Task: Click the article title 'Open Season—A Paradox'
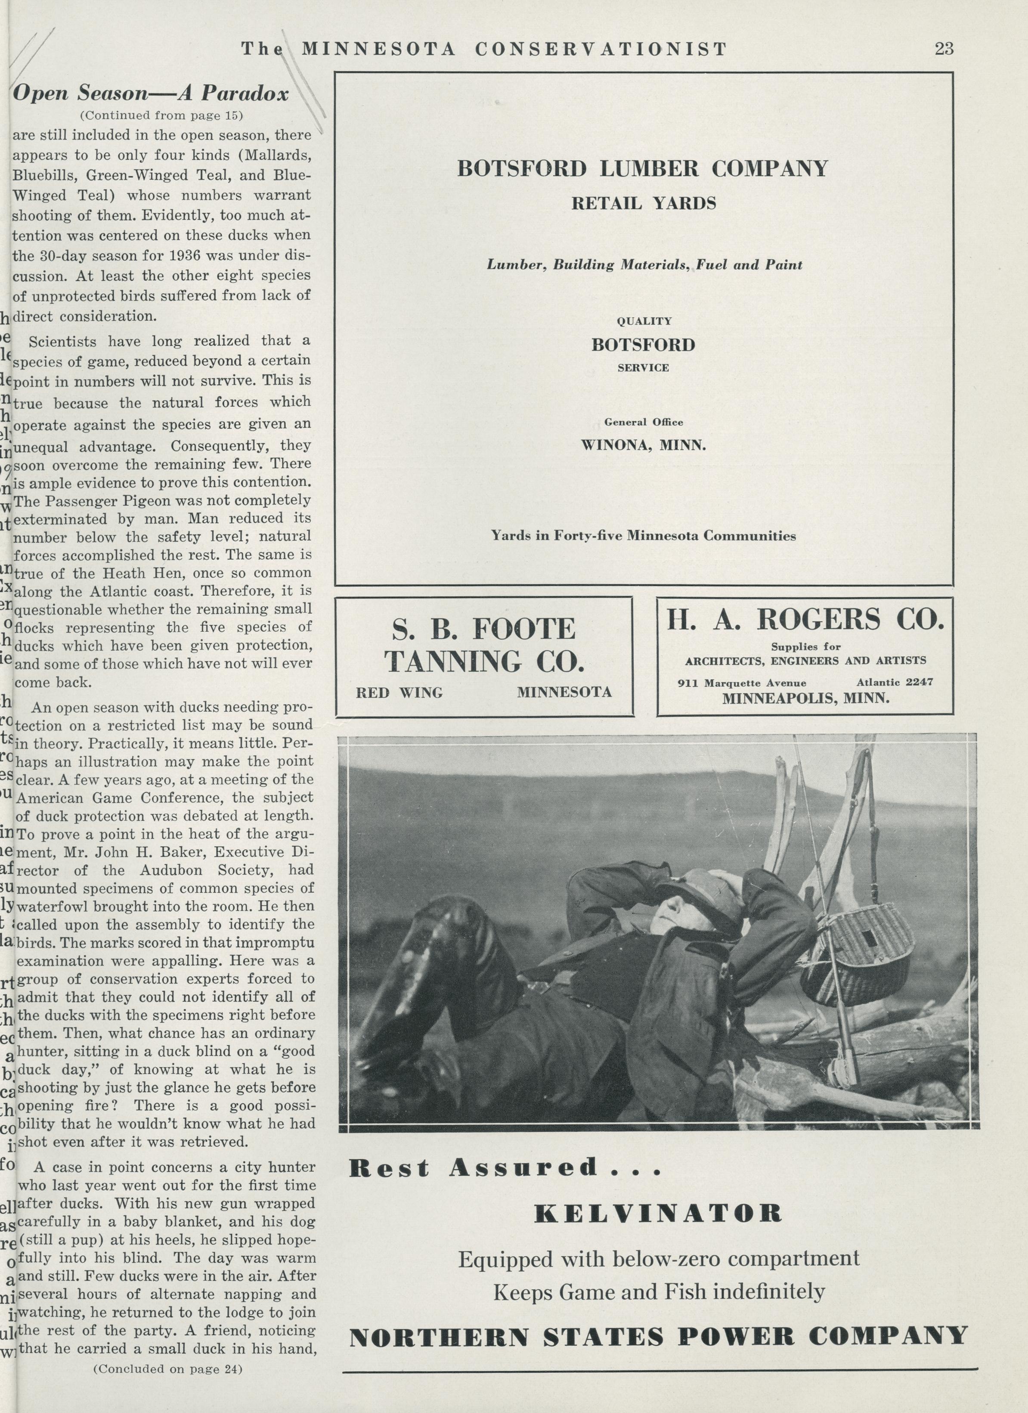151,93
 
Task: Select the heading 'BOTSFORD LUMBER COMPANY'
643,168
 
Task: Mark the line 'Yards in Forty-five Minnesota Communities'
643,536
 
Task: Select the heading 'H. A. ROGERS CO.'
805,620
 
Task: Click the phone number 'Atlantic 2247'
895,682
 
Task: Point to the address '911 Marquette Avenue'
742,683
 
